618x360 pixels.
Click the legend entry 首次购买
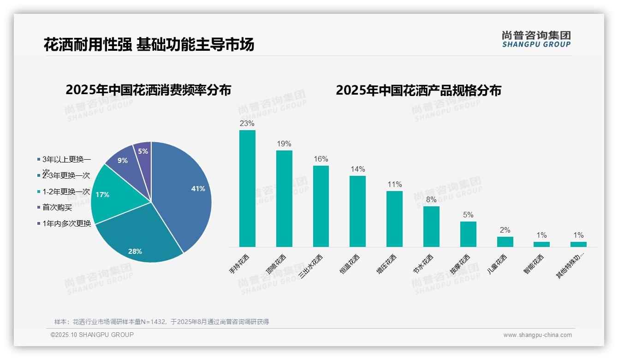pos(57,208)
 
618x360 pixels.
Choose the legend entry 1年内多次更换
pos(66,224)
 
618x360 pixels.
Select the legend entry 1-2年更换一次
pos(66,192)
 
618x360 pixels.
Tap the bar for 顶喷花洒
pos(284,198)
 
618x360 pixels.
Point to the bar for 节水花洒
pos(431,227)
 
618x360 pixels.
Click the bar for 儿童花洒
pos(505,242)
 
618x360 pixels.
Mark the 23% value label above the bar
pos(247,124)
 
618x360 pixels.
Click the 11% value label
pos(395,185)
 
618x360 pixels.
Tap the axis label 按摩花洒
pos(460,264)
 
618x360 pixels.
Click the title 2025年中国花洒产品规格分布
pos(418,90)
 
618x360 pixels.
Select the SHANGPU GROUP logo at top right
pos(536,39)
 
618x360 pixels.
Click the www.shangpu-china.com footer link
pos(537,335)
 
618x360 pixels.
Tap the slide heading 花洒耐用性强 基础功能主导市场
pos(149,45)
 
